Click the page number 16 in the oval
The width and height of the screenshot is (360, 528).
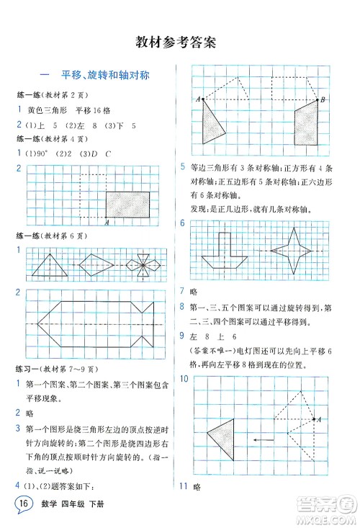24,502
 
